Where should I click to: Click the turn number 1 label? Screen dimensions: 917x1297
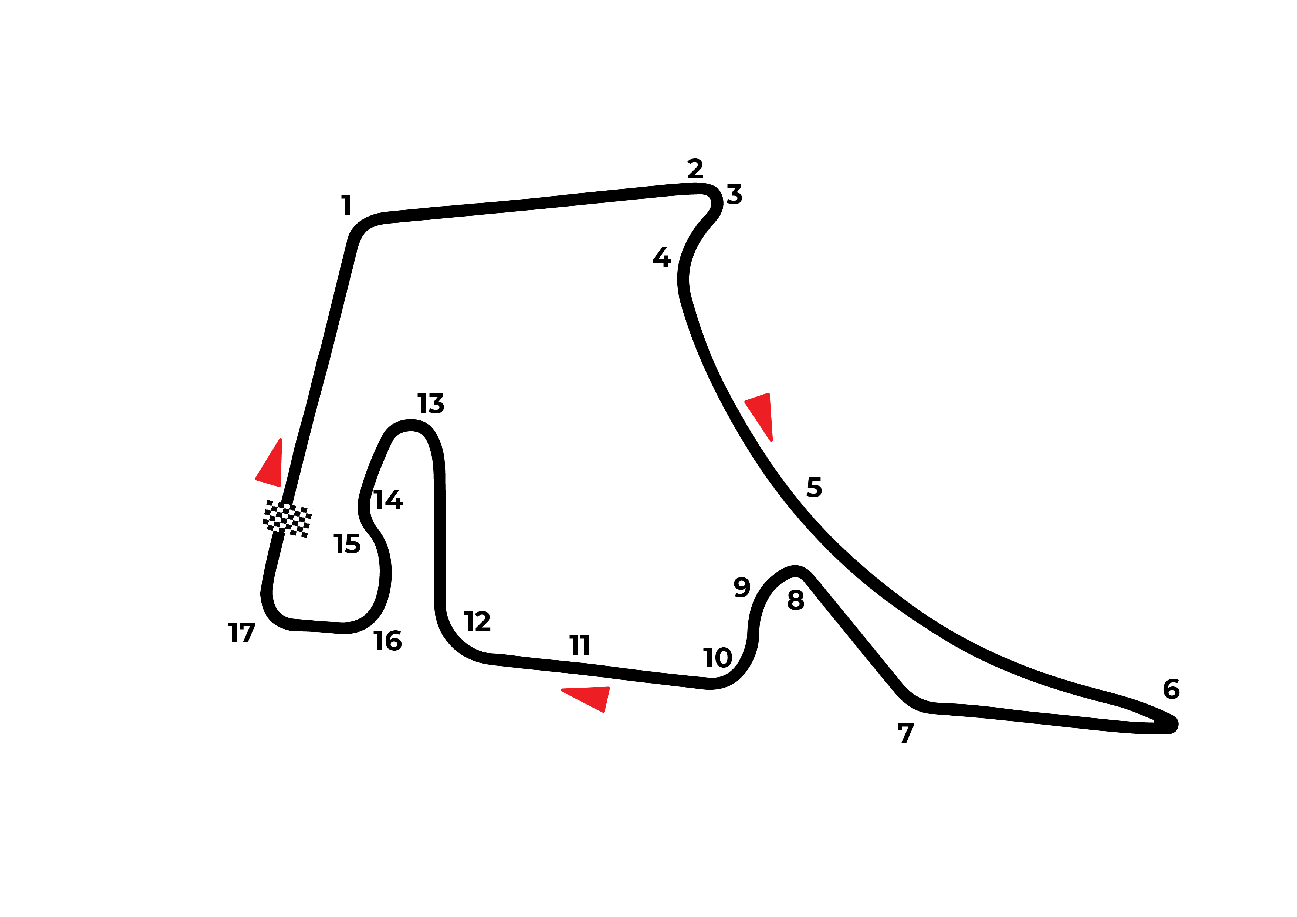point(347,205)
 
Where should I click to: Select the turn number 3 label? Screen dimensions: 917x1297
point(734,194)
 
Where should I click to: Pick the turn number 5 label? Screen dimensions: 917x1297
point(814,487)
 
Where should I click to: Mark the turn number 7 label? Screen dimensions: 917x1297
point(905,733)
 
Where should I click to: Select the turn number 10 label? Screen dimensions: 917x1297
point(717,658)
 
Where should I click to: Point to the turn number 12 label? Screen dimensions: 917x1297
point(477,622)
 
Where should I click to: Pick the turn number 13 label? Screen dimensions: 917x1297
point(431,404)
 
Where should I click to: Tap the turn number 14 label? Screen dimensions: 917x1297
point(389,500)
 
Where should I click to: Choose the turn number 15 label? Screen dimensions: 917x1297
point(347,544)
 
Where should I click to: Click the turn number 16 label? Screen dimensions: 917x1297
point(387,641)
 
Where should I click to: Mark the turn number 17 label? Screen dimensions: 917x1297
point(242,633)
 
